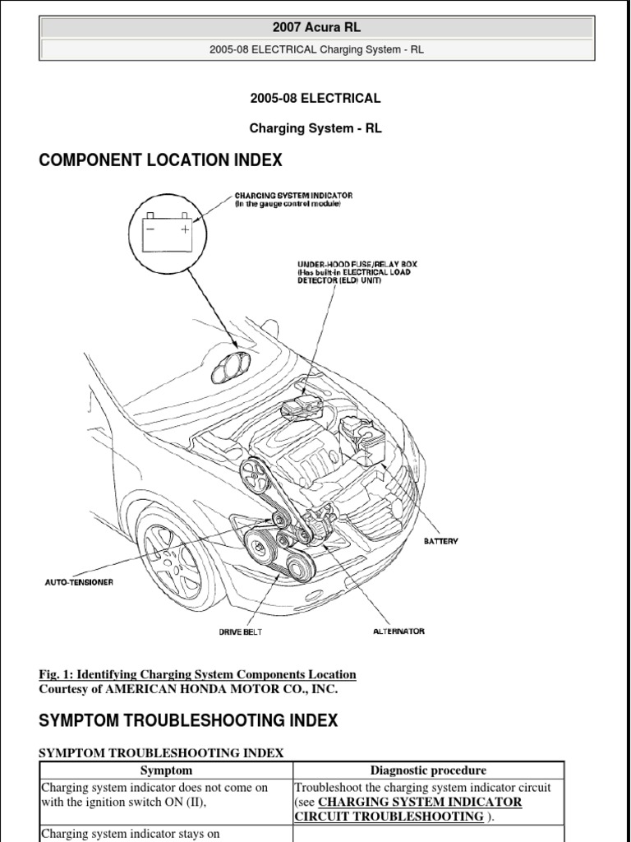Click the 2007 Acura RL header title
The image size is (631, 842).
click(316, 27)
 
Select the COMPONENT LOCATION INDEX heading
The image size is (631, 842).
click(160, 160)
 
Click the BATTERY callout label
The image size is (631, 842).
click(440, 541)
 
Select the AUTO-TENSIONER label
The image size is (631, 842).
click(79, 582)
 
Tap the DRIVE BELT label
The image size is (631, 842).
click(239, 631)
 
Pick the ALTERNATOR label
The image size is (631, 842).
click(398, 631)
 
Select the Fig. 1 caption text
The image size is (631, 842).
click(197, 675)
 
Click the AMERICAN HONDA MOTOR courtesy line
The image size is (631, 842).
click(188, 690)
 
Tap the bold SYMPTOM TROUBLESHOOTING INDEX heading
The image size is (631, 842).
click(188, 721)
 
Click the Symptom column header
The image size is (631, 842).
click(166, 770)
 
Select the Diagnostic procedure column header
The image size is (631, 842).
click(428, 770)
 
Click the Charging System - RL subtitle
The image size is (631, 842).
click(315, 128)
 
